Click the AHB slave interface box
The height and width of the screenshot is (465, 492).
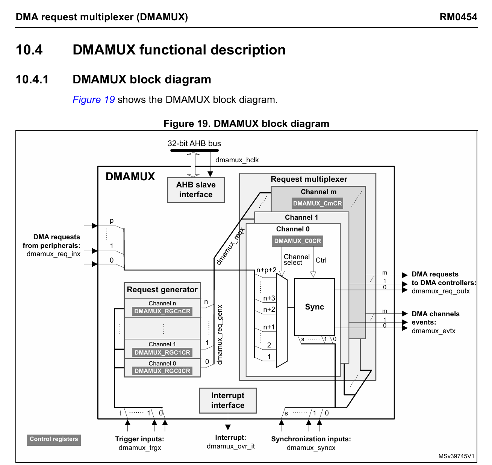[195, 190]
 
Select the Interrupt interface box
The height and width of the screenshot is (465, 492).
[228, 400]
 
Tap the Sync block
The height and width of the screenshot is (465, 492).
[315, 307]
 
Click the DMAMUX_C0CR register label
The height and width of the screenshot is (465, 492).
[297, 241]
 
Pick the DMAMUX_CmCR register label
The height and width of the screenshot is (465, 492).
[318, 204]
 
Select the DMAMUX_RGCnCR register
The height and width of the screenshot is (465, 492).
[162, 311]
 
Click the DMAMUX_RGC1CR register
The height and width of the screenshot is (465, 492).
[162, 353]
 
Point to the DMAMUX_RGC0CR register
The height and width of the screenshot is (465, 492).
[162, 371]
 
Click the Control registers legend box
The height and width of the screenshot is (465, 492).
[54, 439]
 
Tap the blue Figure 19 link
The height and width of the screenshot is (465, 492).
[94, 100]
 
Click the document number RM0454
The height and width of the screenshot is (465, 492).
[458, 17]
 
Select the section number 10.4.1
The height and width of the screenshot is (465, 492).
[32, 80]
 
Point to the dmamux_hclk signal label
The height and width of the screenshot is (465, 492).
[237, 160]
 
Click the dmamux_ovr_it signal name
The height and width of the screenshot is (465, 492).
[230, 446]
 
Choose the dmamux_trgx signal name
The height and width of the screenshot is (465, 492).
[140, 448]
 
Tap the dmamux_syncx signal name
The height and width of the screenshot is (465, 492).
[311, 448]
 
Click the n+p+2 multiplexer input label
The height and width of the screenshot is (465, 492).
[266, 270]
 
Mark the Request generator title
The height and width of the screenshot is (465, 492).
[162, 290]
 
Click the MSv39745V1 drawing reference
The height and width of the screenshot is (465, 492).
[456, 456]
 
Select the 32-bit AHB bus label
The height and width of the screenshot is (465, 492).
[194, 143]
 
